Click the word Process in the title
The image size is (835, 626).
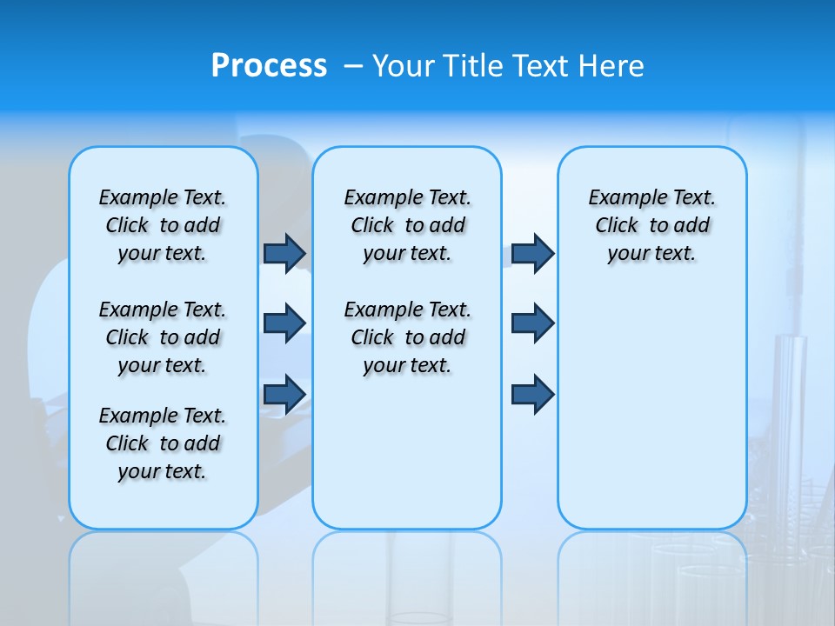[x=269, y=66]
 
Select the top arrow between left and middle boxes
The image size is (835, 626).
[x=284, y=253]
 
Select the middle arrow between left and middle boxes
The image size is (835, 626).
[x=284, y=323]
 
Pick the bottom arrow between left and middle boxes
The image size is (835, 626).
[x=284, y=394]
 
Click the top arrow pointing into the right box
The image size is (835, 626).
[x=532, y=253]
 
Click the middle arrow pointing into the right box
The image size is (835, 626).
[x=532, y=323]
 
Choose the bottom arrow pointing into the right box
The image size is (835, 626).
[x=532, y=394]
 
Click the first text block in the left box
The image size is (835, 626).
[x=163, y=225]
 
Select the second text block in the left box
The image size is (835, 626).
[x=163, y=337]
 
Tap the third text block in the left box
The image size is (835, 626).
[x=163, y=443]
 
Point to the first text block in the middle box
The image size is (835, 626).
[x=407, y=225]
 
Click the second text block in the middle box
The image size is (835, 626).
[x=407, y=337]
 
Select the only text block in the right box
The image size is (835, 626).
[x=651, y=225]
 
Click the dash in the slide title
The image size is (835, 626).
[x=353, y=66]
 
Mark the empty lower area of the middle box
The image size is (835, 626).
[x=407, y=452]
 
